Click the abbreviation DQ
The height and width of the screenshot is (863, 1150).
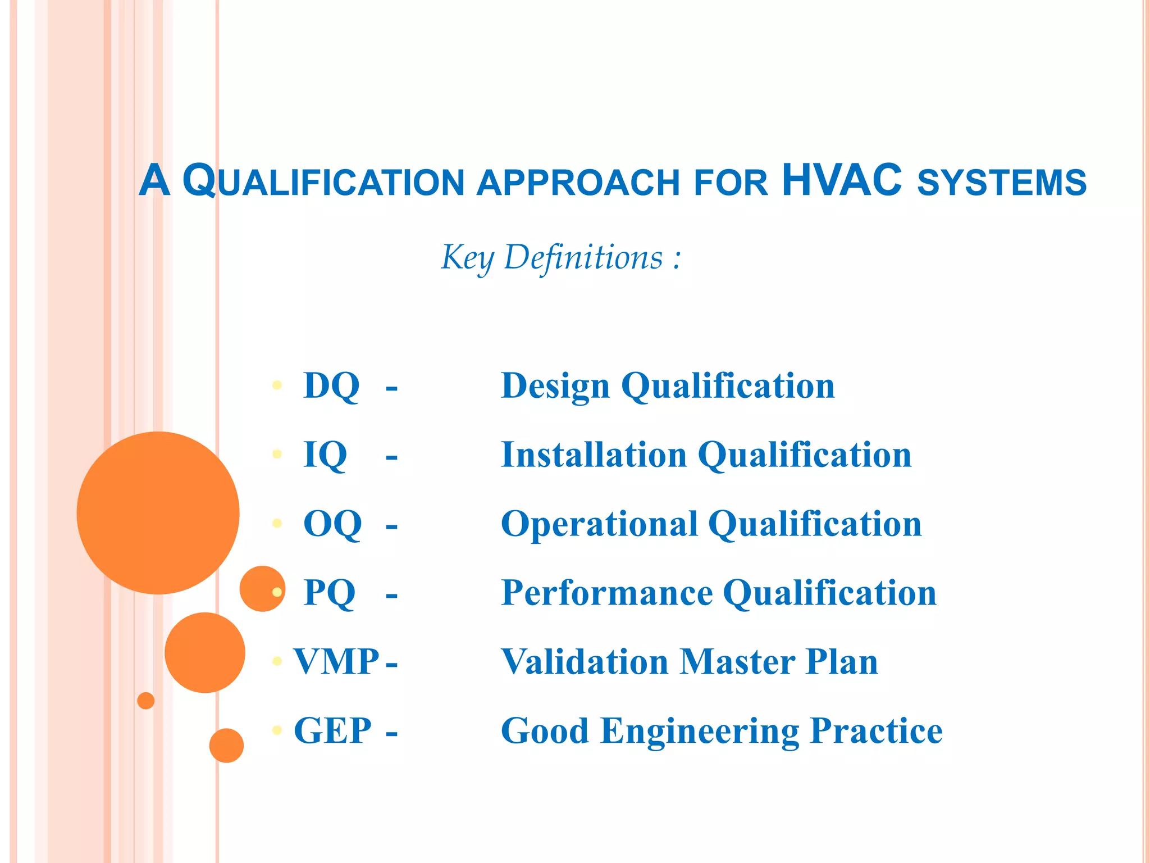click(x=331, y=386)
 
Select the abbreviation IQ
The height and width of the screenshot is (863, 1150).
click(x=325, y=455)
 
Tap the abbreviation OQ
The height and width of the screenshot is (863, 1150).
click(x=332, y=524)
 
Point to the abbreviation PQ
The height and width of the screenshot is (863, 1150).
click(x=330, y=593)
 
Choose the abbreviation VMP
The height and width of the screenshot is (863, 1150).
click(x=336, y=661)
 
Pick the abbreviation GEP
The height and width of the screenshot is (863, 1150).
click(x=332, y=730)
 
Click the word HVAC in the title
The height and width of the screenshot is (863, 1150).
click(x=841, y=181)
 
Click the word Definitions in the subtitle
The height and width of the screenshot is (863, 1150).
click(x=583, y=257)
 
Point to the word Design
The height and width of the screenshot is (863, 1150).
click(x=555, y=386)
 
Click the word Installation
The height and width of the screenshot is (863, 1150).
click(x=594, y=455)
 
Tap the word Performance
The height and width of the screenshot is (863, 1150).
click(x=606, y=593)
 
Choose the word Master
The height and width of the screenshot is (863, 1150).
click(x=737, y=661)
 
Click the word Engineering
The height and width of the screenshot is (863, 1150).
click(x=700, y=730)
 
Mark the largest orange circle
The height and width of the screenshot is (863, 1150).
click(x=158, y=513)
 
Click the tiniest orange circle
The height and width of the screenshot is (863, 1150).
click(x=146, y=701)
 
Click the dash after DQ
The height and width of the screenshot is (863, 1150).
click(x=391, y=388)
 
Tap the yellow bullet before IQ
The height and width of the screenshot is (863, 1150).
click(x=277, y=454)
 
